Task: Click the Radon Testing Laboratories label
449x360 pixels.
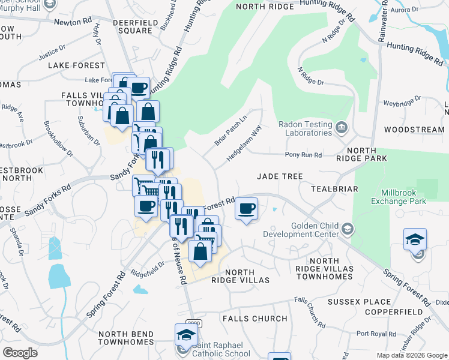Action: coord(305,128)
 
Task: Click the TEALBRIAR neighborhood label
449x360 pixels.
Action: coord(334,189)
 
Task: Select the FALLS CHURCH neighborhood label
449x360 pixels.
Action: coord(255,319)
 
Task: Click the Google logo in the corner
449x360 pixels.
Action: coord(20,353)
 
